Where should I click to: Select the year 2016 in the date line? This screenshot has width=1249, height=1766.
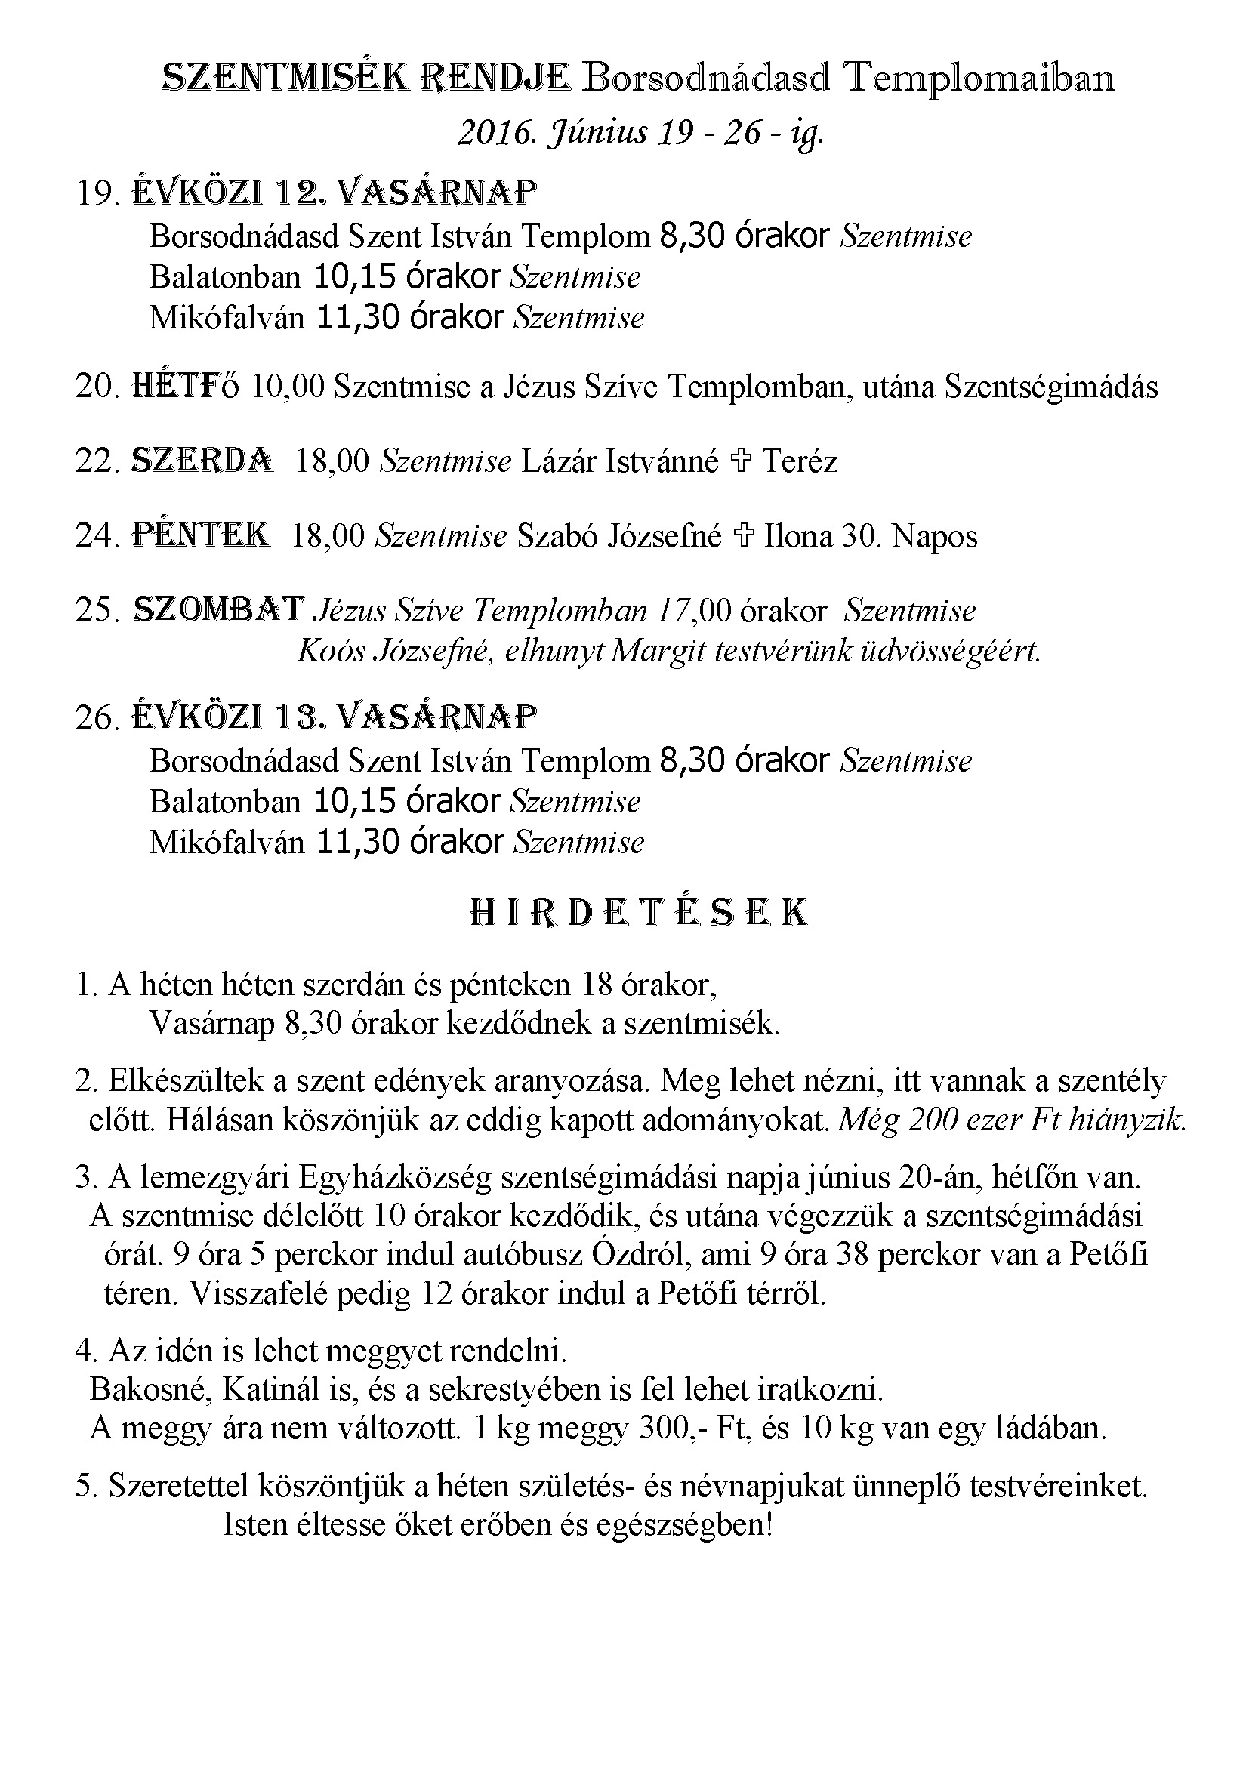pos(492,133)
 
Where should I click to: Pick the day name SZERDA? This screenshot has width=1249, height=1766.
pos(202,460)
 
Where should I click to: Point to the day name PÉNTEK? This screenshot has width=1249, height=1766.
pos(201,535)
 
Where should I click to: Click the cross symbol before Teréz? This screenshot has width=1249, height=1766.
pos(741,461)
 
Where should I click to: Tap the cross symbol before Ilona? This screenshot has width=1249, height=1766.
pos(742,535)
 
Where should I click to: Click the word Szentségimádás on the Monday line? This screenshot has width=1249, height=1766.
pos(1050,386)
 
